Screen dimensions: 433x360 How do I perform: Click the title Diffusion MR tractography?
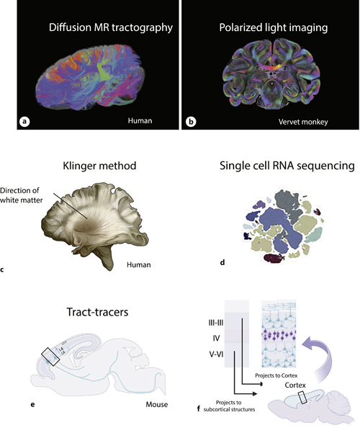[x=99, y=29]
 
